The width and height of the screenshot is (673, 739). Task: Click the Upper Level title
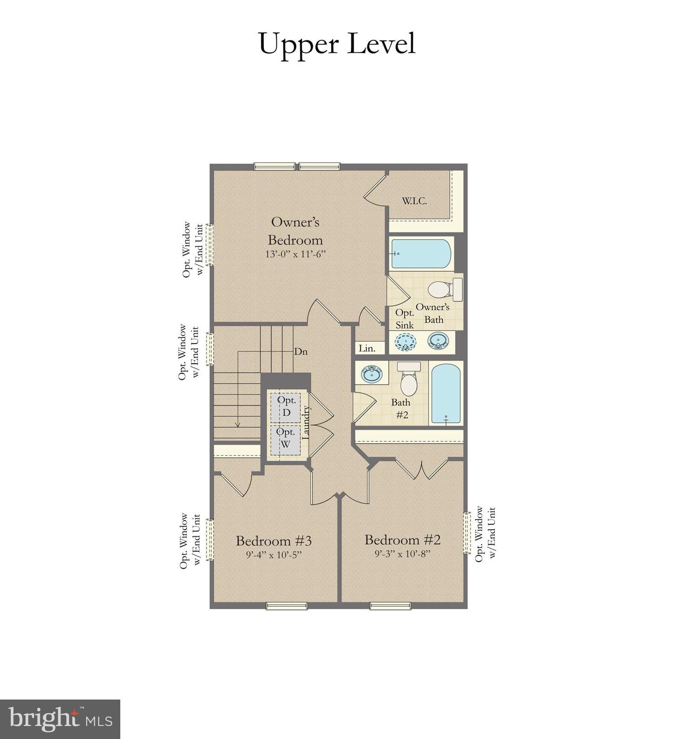point(336,44)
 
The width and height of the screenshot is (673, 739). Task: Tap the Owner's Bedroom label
point(295,231)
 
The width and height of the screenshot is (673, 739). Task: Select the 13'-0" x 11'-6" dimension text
point(296,254)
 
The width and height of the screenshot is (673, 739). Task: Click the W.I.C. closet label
point(414,201)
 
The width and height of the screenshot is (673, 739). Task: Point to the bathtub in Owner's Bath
point(421,254)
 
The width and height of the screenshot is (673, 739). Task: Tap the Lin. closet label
point(367,348)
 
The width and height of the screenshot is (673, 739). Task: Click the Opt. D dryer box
point(286,407)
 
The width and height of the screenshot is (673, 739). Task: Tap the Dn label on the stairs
point(301,352)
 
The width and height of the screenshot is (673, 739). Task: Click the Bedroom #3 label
point(273,541)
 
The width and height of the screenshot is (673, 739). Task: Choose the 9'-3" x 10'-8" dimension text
point(402,554)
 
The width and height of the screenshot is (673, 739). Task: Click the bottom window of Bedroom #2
point(390,606)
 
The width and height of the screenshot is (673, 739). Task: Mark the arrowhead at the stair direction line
point(237,424)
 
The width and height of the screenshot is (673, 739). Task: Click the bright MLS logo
point(60,719)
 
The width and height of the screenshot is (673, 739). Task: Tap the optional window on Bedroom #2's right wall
point(466,533)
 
